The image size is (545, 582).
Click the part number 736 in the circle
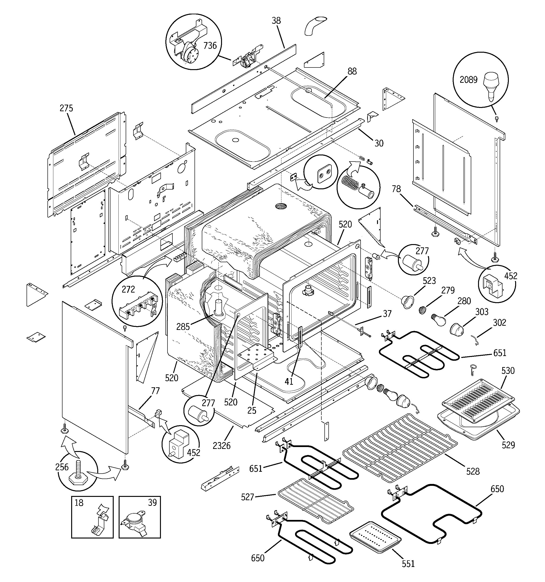(x=210, y=45)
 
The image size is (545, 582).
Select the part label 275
(x=66, y=108)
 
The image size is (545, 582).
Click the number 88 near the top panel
(x=352, y=71)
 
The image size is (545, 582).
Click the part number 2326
(x=222, y=446)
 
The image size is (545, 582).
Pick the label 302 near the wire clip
(x=499, y=322)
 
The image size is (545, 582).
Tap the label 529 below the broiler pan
(x=508, y=445)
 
